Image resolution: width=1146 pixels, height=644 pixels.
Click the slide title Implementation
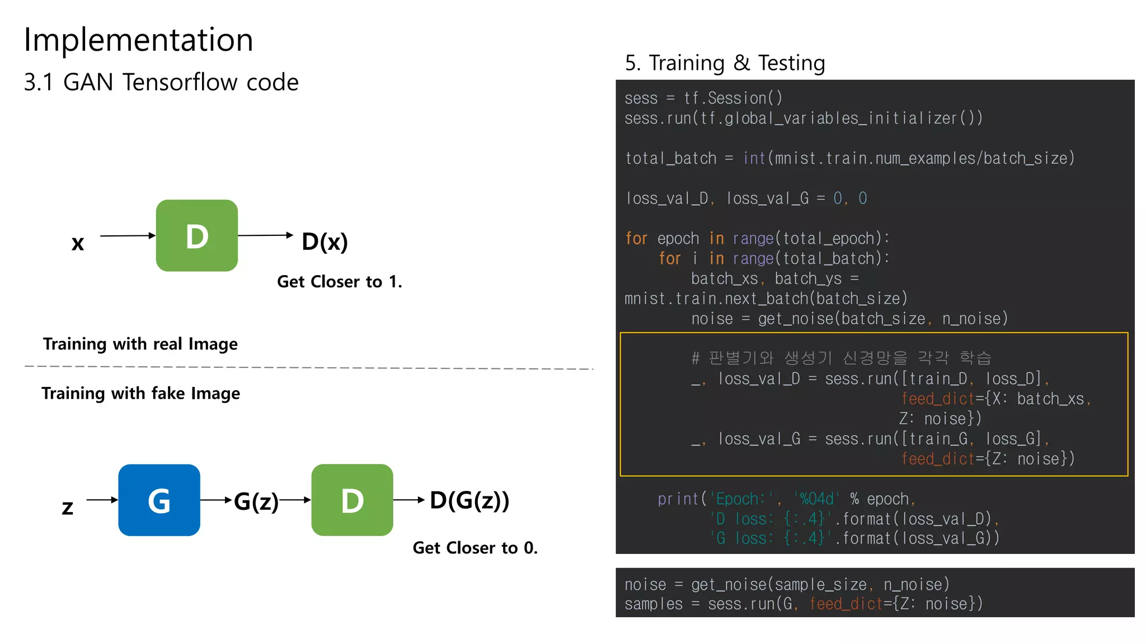(x=138, y=40)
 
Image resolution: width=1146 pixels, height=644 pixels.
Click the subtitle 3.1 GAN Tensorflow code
(x=161, y=82)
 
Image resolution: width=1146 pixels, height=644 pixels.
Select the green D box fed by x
(x=196, y=236)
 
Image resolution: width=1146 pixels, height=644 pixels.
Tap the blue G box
(x=159, y=500)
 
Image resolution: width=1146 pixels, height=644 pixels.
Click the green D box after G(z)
(x=352, y=500)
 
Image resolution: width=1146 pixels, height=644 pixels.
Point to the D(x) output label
(x=325, y=241)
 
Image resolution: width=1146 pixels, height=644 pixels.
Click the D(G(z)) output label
(x=469, y=500)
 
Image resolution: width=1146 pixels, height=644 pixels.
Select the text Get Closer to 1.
(x=339, y=282)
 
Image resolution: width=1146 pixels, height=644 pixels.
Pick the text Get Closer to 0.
(x=475, y=548)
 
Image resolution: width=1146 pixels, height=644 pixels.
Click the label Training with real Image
(x=140, y=344)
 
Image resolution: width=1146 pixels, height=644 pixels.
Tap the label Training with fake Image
(x=140, y=394)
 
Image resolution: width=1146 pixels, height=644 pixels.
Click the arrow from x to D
(x=128, y=236)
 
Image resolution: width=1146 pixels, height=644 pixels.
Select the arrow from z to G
(x=102, y=500)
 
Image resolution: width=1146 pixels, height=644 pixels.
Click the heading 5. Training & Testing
(x=725, y=63)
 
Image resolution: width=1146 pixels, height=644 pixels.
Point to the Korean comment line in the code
(x=841, y=358)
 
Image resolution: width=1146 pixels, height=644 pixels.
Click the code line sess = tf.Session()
(x=703, y=98)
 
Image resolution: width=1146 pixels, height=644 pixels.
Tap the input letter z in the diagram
(x=68, y=508)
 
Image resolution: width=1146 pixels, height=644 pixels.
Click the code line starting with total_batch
(x=849, y=159)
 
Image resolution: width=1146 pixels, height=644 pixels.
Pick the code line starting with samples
(x=803, y=604)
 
